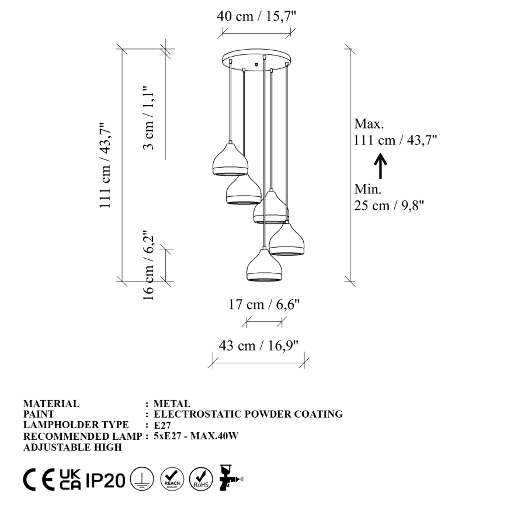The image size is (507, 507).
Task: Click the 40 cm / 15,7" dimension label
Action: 257,16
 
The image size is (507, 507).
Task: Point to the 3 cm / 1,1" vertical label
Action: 150,117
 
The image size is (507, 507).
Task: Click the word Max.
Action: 369,124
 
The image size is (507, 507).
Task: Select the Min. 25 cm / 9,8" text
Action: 388,197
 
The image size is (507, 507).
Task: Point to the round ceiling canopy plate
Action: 256,59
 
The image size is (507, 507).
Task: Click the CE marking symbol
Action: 40,480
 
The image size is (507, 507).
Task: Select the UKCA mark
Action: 71,480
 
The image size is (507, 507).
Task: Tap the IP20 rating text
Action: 105,480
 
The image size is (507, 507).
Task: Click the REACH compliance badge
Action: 172,479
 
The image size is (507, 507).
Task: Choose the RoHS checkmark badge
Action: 201,479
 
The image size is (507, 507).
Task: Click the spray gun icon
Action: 230,478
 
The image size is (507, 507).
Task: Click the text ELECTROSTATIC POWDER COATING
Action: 248,414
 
